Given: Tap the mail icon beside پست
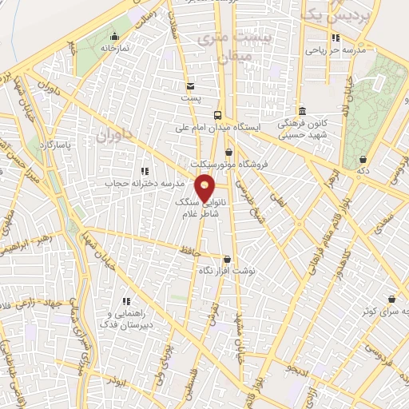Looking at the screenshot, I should click(190, 86).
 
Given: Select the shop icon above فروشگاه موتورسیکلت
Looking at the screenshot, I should click(229, 153).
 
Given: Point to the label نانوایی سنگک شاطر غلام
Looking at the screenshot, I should click(193, 210).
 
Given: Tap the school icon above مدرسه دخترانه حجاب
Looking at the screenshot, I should click(145, 171).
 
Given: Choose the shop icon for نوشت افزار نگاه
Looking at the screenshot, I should click(228, 260).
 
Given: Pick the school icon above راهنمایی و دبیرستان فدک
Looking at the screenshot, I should click(125, 301).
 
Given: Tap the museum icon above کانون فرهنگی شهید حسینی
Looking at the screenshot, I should click(301, 112).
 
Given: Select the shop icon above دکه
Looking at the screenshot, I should click(363, 159).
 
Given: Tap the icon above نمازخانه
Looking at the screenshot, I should click(114, 36).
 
